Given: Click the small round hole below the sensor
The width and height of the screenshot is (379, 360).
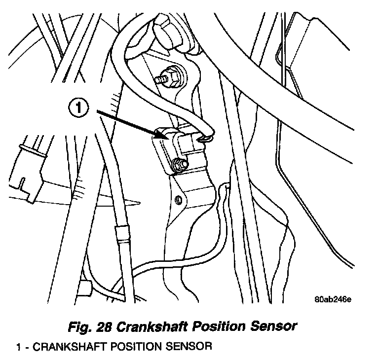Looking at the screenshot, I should point(179,200).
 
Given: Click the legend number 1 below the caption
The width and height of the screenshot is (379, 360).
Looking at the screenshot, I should point(19,346).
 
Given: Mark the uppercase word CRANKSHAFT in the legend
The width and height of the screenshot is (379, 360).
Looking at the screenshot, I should point(65,346).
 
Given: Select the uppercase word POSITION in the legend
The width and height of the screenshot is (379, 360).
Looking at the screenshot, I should point(132,346).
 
